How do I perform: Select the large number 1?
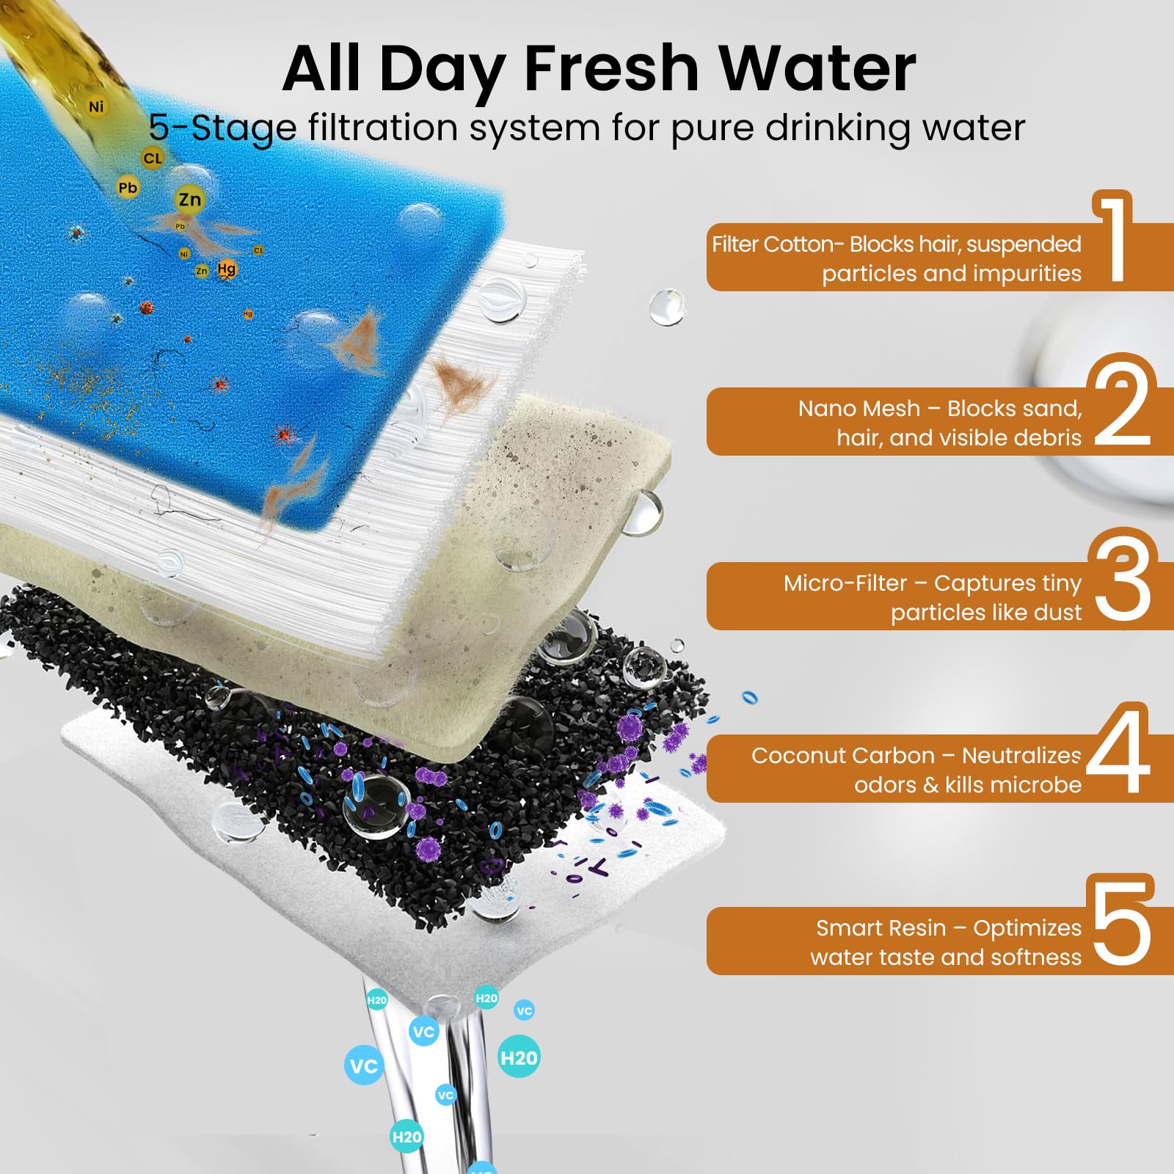tap(1113, 236)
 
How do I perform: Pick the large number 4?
tap(1118, 748)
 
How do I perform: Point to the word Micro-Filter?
tap(845, 583)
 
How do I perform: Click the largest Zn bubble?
tap(190, 200)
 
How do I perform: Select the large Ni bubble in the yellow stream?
tap(96, 107)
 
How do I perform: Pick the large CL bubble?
tap(153, 158)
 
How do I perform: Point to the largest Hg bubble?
tap(227, 269)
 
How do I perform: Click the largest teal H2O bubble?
tap(519, 1057)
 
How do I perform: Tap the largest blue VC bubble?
tap(364, 1066)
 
